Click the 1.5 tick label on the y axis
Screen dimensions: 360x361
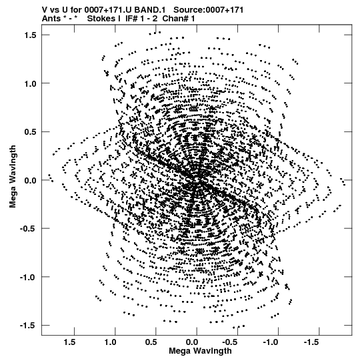click(30, 35)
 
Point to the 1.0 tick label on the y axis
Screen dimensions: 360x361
click(30, 83)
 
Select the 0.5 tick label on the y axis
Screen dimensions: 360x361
click(30, 132)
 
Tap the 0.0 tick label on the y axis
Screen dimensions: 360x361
click(30, 180)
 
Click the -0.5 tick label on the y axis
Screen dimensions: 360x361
click(28, 229)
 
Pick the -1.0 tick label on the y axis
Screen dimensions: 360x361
click(28, 277)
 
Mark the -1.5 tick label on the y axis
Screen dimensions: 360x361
click(28, 326)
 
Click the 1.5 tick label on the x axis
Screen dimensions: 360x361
click(70, 342)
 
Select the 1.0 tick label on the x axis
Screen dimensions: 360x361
click(111, 342)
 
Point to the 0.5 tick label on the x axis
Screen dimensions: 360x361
click(151, 342)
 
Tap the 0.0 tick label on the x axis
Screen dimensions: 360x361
click(192, 342)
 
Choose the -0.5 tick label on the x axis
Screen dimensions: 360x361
click(231, 342)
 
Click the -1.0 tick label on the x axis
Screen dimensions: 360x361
click(272, 342)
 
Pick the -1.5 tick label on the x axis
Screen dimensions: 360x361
click(313, 342)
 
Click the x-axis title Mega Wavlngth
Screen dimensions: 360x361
click(200, 352)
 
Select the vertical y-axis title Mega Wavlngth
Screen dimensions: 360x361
click(13, 177)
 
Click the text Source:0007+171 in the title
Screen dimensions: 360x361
click(209, 10)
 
